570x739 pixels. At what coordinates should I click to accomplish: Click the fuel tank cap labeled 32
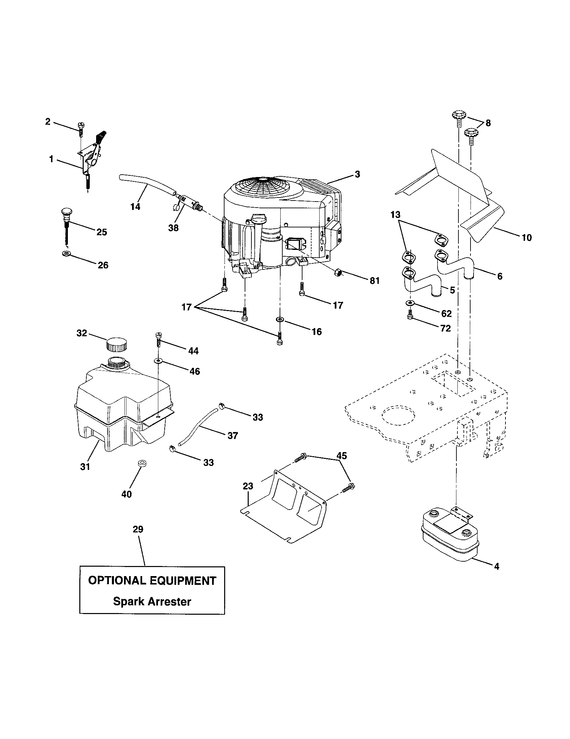pyautogui.click(x=117, y=345)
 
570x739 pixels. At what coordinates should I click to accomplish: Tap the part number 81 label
pyautogui.click(x=374, y=281)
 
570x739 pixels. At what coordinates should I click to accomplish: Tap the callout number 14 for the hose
pyautogui.click(x=135, y=206)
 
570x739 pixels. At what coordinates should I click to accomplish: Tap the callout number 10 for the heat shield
pyautogui.click(x=527, y=237)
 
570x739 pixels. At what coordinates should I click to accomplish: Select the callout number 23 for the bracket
pyautogui.click(x=248, y=486)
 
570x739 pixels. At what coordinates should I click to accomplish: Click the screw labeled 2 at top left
pyautogui.click(x=81, y=129)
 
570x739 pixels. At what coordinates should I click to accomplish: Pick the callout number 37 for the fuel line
pyautogui.click(x=233, y=435)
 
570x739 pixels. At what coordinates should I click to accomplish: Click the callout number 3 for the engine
pyautogui.click(x=358, y=174)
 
